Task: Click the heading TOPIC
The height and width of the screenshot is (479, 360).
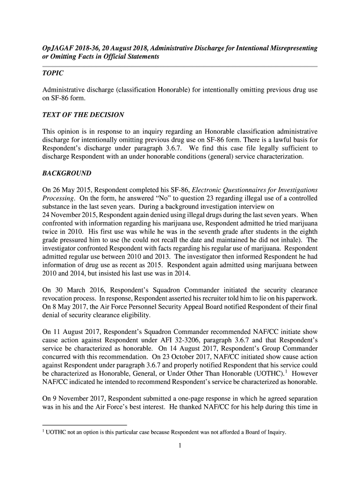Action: [x=53, y=74]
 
